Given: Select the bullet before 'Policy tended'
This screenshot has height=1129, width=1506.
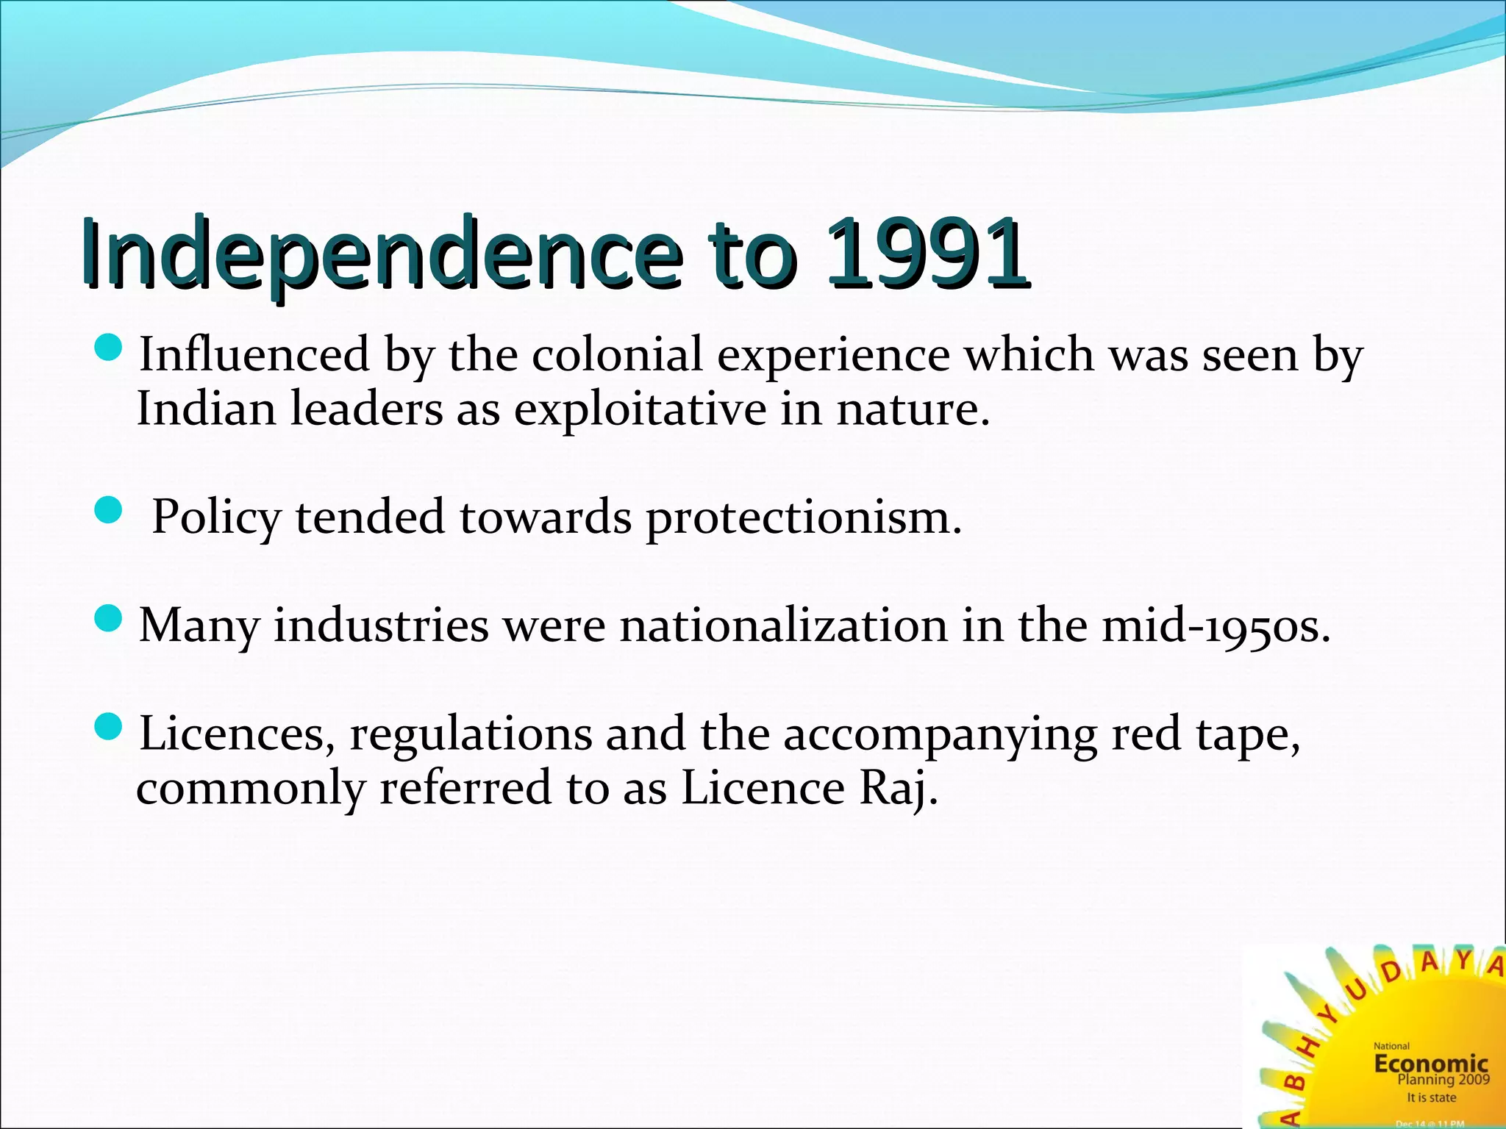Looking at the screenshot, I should coord(109,510).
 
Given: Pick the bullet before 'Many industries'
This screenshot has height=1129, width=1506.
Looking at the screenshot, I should coord(109,618).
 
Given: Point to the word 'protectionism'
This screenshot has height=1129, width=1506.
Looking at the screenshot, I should coord(803,517).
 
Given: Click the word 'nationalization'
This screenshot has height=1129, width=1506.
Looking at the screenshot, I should coord(783,626).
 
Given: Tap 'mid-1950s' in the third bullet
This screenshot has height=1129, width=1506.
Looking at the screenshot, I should coord(1216,626).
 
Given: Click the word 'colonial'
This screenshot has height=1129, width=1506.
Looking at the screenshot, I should coord(618,354).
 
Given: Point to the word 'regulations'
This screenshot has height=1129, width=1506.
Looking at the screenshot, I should coord(471,734).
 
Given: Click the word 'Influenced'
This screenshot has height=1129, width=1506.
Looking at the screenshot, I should coord(254,354).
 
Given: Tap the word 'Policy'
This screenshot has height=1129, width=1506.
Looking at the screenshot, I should coord(216,517).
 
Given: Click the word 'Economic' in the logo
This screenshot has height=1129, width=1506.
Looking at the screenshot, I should coord(1431,1063).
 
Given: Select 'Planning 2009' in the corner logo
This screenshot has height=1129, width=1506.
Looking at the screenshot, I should coord(1443,1079).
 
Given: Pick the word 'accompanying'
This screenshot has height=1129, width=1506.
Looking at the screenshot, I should coord(940,734).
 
